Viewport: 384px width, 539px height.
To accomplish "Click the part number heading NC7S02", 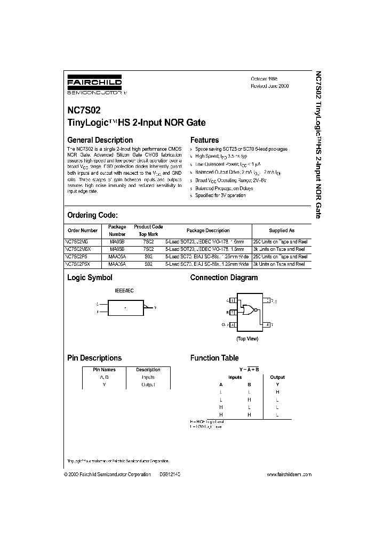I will tap(84, 112).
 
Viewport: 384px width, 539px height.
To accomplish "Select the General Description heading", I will tap(99, 140).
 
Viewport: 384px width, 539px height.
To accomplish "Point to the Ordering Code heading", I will tap(92, 215).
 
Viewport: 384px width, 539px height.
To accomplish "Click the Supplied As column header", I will tap(281, 231).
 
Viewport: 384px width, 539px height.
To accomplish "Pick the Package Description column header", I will tap(208, 231).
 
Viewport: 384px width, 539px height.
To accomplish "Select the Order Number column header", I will tap(83, 231).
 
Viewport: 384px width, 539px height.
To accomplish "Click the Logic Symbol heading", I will tap(90, 277).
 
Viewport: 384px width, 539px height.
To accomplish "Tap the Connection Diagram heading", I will tap(224, 277).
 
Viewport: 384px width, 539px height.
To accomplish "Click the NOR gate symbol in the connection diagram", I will tap(248, 309).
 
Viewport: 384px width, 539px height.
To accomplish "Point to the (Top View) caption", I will tap(247, 339).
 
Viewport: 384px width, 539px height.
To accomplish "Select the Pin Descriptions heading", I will tap(94, 358).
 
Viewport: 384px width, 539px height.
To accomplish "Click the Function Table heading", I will tap(214, 358).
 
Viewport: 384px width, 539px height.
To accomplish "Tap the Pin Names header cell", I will tap(104, 370).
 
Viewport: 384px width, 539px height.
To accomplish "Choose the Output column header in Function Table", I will tap(277, 377).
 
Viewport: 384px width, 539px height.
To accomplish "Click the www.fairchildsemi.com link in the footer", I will tap(288, 474).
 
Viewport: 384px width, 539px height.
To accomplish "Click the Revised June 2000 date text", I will tap(270, 86).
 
